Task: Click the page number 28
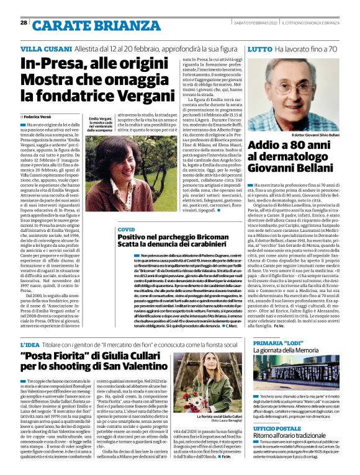24,22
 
